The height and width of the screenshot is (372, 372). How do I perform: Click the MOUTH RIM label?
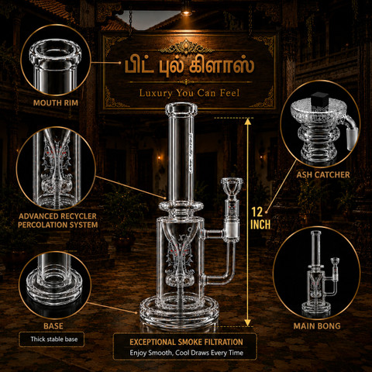coord(56,103)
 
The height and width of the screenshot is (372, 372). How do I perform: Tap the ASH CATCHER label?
coord(323,175)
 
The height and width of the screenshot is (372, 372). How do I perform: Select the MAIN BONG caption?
coord(317,326)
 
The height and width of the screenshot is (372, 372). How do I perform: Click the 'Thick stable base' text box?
coord(51,339)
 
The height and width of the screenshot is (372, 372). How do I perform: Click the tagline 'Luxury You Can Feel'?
coord(189,93)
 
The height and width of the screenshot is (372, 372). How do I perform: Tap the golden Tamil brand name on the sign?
coord(189,66)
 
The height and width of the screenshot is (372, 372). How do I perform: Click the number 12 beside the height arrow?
coord(257,212)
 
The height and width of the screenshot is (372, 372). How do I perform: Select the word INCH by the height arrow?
coord(260,225)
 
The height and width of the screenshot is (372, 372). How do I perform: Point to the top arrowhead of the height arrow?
coord(248,122)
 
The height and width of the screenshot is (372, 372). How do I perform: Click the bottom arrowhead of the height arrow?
coord(248,323)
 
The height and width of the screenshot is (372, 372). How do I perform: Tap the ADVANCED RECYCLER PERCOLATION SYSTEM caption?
coord(58,220)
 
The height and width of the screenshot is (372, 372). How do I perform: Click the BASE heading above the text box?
coord(53,326)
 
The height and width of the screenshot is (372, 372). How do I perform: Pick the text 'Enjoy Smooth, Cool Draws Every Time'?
coord(187,353)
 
